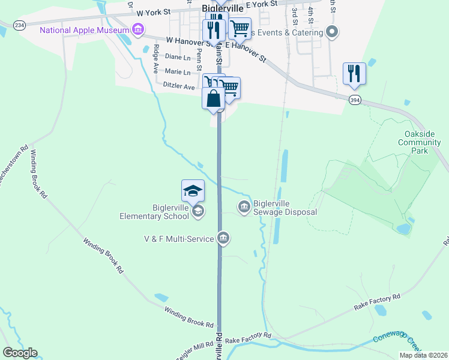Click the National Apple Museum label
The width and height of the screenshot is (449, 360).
click(x=84, y=30)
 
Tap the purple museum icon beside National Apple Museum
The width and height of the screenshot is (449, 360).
click(x=139, y=29)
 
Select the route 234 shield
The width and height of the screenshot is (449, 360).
click(x=20, y=25)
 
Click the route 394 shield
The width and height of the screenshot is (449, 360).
click(x=355, y=101)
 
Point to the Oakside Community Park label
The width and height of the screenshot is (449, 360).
click(x=419, y=143)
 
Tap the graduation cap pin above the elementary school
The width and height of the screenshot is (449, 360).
click(x=193, y=191)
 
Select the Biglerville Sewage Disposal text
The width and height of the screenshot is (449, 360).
click(x=285, y=208)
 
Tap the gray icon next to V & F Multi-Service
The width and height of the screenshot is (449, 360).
click(x=223, y=239)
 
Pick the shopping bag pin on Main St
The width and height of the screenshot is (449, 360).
click(x=213, y=99)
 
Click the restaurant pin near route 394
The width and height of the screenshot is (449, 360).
click(x=354, y=74)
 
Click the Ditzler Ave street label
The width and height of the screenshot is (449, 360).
click(x=179, y=86)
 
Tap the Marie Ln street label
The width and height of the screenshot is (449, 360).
click(x=169, y=71)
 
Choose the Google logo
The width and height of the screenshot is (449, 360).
click(x=20, y=353)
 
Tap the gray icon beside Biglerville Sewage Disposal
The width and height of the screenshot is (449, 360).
click(x=244, y=208)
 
